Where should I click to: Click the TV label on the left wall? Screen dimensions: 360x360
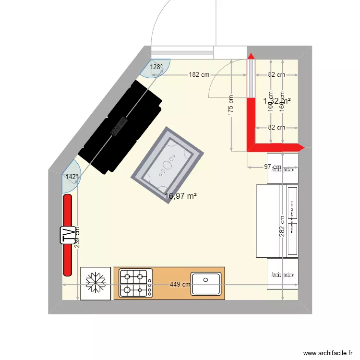coord(70,235)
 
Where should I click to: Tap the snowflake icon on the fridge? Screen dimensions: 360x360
coord(96,283)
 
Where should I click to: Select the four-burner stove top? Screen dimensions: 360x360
coord(136,283)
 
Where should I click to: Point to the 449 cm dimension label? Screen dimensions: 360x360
coord(180,285)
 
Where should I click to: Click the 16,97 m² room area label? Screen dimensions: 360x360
coord(181,196)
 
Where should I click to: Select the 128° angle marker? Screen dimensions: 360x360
coord(156,68)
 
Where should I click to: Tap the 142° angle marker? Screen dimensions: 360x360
coord(72,177)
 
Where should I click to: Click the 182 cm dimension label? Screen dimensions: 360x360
coord(199,75)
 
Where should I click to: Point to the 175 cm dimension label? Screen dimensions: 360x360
coord(231,106)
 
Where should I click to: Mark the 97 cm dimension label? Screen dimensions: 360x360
coord(273,167)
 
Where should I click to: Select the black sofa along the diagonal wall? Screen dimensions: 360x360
coord(120,127)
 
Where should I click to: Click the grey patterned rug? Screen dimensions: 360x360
coord(168,165)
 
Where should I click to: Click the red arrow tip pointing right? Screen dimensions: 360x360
coord(301,147)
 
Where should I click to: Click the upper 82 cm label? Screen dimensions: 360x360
coord(276,75)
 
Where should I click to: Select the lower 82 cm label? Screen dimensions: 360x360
coord(276,128)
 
